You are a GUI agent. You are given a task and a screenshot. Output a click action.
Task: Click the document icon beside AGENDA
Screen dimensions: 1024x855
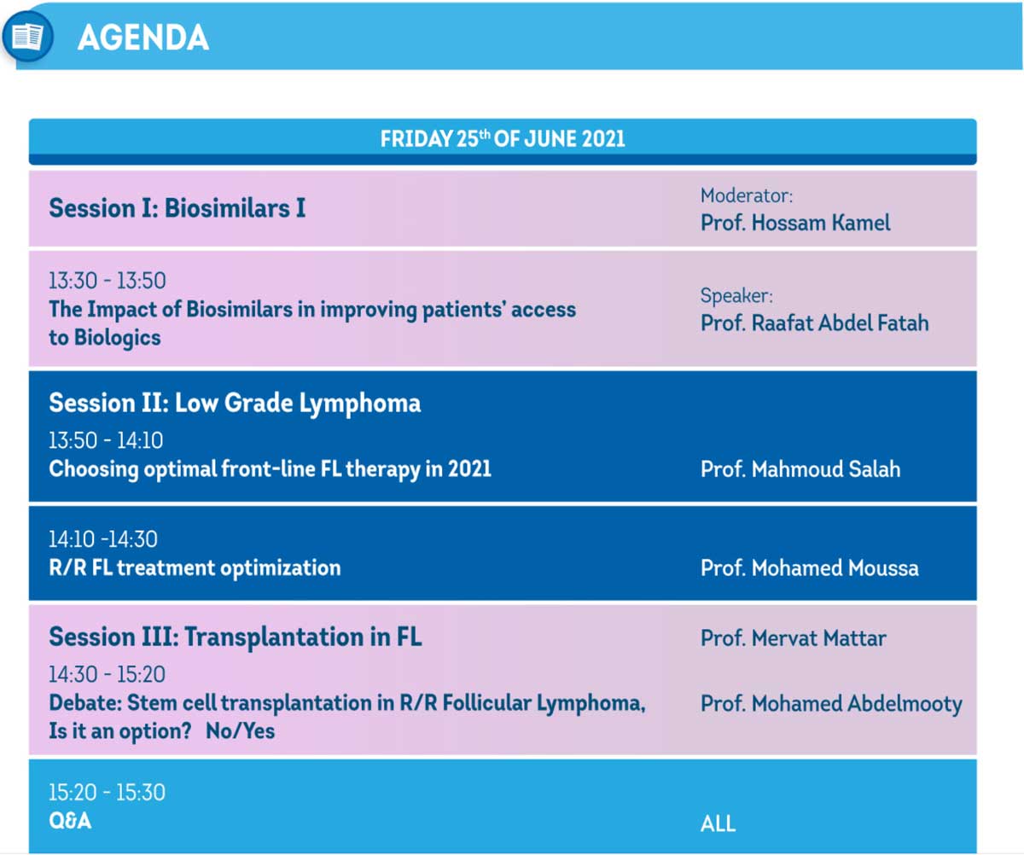pos(27,37)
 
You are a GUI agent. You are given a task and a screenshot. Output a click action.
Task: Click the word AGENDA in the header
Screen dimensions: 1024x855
pos(143,38)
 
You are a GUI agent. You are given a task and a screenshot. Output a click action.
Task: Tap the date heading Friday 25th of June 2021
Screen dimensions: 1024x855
pos(503,139)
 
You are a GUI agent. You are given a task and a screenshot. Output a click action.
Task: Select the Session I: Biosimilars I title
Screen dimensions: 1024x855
pos(177,208)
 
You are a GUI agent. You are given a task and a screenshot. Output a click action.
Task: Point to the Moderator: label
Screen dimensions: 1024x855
pos(747,195)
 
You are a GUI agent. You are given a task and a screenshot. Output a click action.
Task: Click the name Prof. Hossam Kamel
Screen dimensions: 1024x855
pos(795,223)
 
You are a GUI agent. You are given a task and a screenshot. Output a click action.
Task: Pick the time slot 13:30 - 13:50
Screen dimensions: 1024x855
pos(107,281)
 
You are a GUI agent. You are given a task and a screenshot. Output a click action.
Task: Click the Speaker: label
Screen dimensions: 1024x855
pos(736,295)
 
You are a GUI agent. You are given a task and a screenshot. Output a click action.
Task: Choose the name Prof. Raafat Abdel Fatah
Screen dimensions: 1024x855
pos(815,323)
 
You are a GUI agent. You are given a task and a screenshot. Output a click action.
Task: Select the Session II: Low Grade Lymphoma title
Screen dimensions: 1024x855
pos(235,404)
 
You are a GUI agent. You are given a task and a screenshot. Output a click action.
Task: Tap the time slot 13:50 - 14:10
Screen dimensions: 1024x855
pos(106,440)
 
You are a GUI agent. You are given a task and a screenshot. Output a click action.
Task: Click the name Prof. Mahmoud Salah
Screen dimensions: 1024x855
pos(800,469)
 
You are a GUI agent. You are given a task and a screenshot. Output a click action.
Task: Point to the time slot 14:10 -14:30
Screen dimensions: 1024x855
pos(103,539)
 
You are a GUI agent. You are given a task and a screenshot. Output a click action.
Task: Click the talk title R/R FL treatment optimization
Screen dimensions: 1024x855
pos(195,567)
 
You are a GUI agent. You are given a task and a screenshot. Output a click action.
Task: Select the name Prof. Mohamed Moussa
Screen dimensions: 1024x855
pos(809,568)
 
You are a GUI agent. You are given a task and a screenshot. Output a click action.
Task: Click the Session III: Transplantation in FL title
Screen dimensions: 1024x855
pos(236,637)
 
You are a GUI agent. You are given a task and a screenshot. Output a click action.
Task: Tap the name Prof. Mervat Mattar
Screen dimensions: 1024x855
pos(793,638)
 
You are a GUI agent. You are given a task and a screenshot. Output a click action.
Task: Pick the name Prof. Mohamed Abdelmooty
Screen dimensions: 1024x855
pos(831,704)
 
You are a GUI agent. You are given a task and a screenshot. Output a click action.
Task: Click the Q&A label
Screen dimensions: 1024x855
pos(70,821)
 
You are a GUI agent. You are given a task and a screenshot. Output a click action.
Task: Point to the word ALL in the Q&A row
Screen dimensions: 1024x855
pos(718,823)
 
